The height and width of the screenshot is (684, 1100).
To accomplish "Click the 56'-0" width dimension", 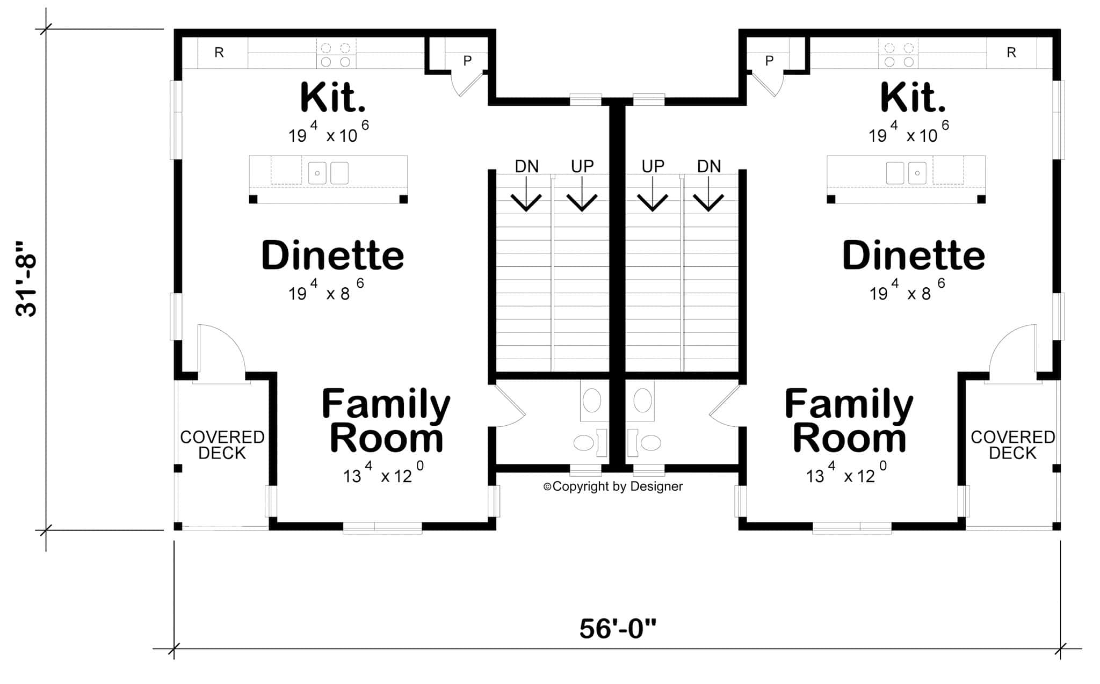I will pos(618,629).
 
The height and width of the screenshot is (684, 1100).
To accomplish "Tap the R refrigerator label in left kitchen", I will pos(219,53).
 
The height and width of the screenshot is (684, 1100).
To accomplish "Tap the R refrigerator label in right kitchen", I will pos(1011,53).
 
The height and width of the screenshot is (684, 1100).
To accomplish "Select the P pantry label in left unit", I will pos(467,61).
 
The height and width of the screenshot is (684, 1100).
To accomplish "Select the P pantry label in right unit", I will pos(769,61).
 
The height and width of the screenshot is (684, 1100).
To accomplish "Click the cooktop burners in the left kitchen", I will pos(336,54).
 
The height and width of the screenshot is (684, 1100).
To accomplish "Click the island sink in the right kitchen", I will pos(906,173).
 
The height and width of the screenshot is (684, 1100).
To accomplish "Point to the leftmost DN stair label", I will pos(526,166).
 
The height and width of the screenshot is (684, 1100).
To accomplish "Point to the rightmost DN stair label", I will pos(709,166).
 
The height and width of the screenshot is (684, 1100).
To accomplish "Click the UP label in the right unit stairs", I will pos(653,166).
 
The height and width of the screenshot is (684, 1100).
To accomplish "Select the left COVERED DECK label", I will pos(222,445).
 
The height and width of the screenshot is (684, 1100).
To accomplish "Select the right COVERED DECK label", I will pos(1013,445).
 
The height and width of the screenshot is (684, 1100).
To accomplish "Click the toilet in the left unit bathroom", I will pos(585,442).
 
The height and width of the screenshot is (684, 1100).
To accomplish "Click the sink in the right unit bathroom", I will pos(643,401).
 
